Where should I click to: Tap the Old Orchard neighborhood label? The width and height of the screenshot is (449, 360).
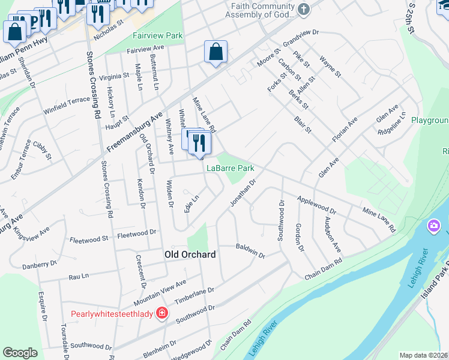coord(190,255)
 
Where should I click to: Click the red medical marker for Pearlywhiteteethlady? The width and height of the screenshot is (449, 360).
coord(161,313)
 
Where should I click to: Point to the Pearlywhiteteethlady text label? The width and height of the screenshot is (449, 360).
coord(112,314)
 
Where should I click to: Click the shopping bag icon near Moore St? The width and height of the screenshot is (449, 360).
coord(215,52)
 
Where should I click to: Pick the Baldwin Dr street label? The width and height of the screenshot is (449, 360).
coord(250,251)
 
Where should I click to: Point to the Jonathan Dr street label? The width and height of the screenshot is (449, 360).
coord(243,193)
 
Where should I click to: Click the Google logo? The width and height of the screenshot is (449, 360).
coord(20,353)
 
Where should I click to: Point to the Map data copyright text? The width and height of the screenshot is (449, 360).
coord(423,355)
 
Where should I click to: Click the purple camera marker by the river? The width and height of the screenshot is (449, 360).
coord(433,227)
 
